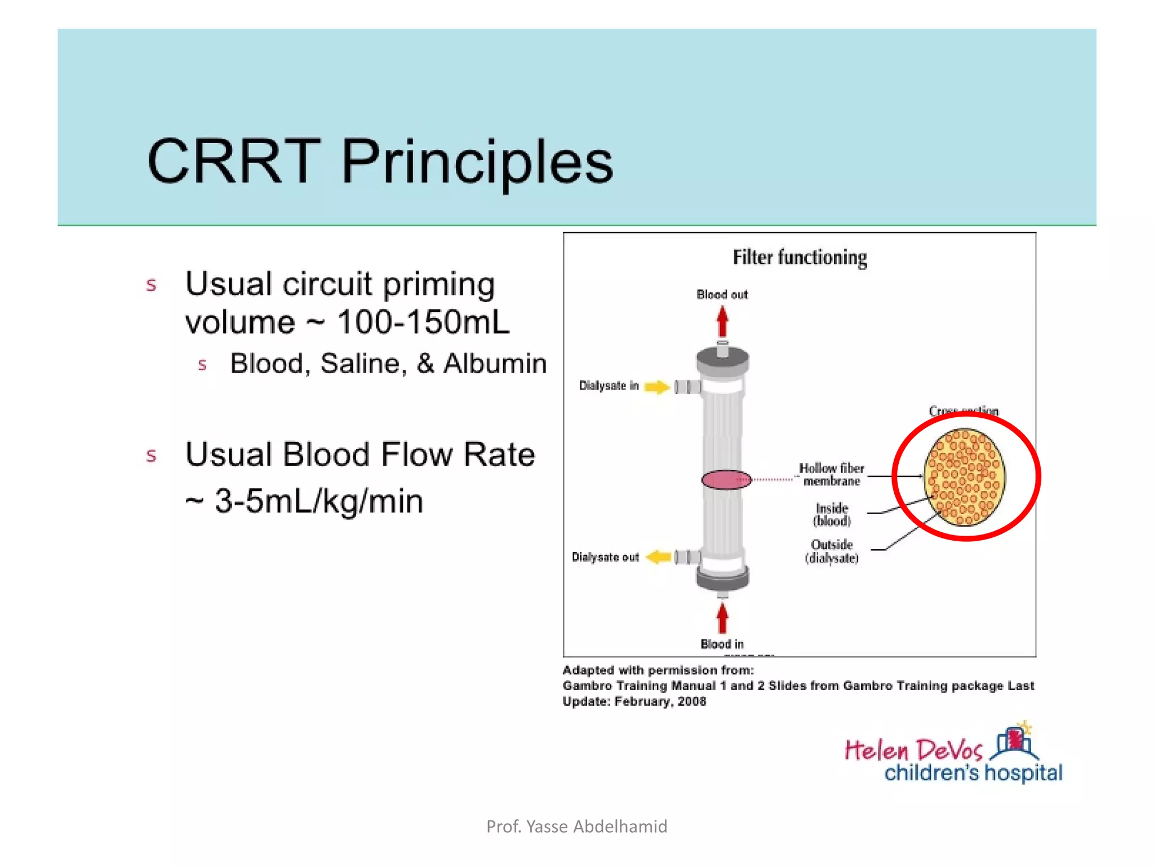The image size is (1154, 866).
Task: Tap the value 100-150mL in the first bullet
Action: pos(423,322)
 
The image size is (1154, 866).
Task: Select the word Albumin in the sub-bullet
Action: pos(495,364)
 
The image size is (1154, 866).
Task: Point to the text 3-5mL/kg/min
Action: pos(319,501)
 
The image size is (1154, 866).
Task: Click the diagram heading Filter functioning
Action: pos(800,258)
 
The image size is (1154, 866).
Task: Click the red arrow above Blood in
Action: pos(722,618)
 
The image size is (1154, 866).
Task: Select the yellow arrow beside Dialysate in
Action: pos(656,387)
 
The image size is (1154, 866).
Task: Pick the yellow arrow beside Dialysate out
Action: pos(658,557)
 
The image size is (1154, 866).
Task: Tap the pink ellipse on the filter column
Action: pos(726,480)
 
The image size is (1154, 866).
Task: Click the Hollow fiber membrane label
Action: pos(831,475)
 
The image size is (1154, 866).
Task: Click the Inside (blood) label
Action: pos(832,515)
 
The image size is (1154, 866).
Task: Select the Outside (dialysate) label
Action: pos(832,551)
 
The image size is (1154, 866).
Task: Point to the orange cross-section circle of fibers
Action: pos(965,477)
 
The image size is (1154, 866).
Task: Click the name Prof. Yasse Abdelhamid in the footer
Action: pos(576,827)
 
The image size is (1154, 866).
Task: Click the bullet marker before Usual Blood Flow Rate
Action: pos(151,456)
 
